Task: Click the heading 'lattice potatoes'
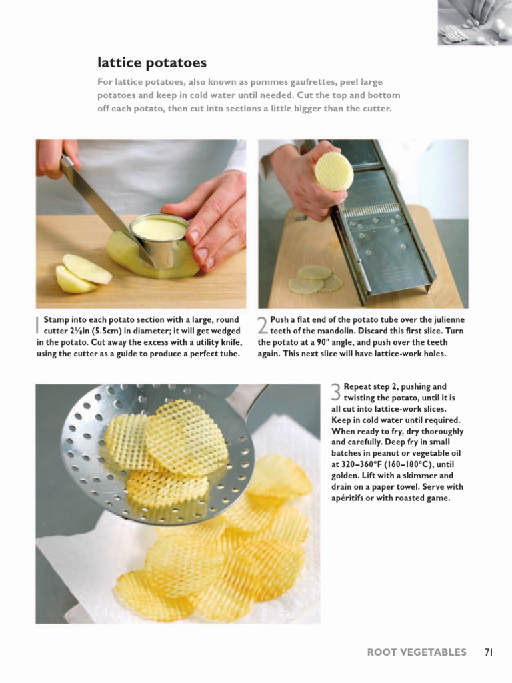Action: pos(152,63)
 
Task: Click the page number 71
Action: pos(488,652)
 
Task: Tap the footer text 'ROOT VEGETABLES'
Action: pos(417,652)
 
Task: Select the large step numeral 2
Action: pos(263,325)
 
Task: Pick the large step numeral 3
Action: pos(336,392)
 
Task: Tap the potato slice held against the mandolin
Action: pos(334,171)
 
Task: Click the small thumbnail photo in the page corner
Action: pos(475,23)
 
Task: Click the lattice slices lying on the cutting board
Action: pos(315,279)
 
